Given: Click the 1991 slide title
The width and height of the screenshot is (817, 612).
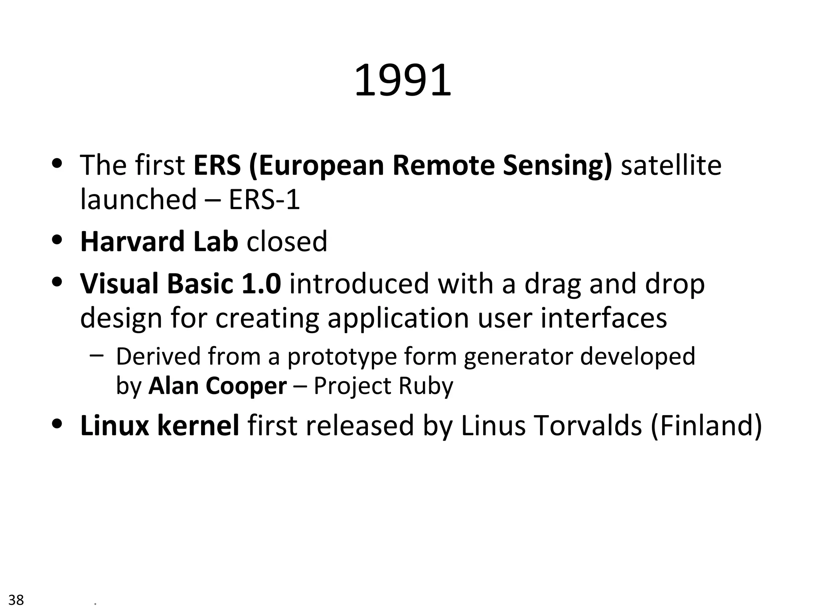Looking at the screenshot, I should [403, 81].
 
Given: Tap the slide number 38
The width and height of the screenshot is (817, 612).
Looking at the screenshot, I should [16, 599].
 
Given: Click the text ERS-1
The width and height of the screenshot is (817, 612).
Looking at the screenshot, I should [264, 199].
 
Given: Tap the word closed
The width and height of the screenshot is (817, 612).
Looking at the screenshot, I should [287, 241].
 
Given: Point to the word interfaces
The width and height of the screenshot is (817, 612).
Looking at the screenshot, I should [604, 318].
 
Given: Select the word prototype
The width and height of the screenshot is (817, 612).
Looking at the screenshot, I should [342, 357].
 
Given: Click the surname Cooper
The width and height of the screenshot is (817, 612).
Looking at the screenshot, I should [246, 386].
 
